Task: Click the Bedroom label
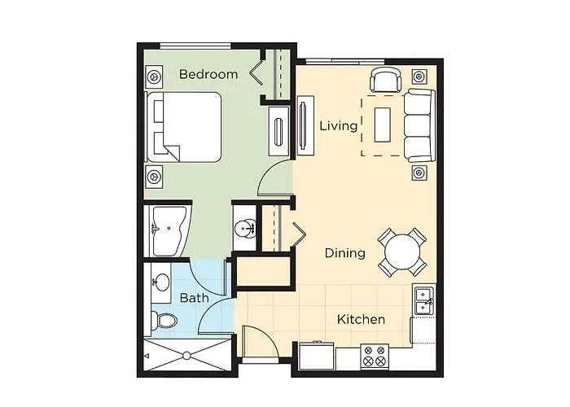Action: [x=208, y=74]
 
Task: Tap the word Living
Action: [x=338, y=126]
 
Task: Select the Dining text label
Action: [x=344, y=253]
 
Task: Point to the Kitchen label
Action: [x=361, y=319]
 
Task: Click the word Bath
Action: [x=195, y=298]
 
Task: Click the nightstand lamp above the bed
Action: [x=154, y=76]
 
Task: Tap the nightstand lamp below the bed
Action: [x=154, y=175]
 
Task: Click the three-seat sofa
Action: [x=419, y=125]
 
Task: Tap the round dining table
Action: [x=402, y=252]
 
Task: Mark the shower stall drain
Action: [x=186, y=355]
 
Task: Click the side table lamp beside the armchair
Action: [x=419, y=77]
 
